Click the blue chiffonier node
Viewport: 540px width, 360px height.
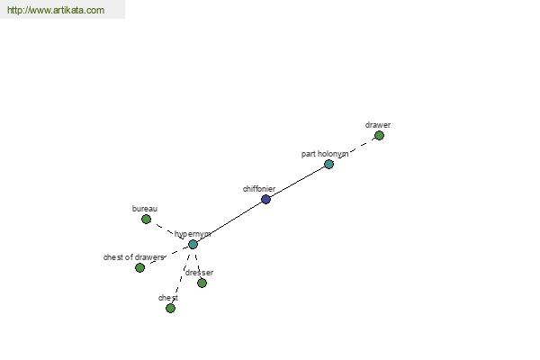tap(265, 199)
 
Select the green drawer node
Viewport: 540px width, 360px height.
tap(379, 135)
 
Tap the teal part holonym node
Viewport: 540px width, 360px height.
tap(328, 165)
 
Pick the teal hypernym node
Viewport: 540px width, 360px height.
tap(193, 245)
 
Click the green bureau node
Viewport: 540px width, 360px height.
tap(146, 219)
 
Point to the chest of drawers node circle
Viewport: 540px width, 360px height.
tap(139, 267)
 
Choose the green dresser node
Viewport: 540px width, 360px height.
tap(202, 283)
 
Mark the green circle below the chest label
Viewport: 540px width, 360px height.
tap(170, 309)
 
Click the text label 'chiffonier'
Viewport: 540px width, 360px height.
tap(259, 189)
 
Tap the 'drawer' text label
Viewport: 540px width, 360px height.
tap(378, 125)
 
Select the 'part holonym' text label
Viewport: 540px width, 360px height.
tap(325, 154)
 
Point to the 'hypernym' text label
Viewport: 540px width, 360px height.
tap(193, 234)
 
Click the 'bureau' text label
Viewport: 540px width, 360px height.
tap(145, 209)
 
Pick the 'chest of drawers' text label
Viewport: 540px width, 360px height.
tap(133, 257)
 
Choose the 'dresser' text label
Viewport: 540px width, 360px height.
tap(199, 273)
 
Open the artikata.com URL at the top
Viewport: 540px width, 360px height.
tap(56, 10)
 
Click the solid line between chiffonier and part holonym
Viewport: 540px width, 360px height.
tap(297, 182)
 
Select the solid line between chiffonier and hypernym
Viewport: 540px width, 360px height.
tap(229, 222)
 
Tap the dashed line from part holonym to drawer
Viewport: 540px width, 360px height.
tap(355, 148)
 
